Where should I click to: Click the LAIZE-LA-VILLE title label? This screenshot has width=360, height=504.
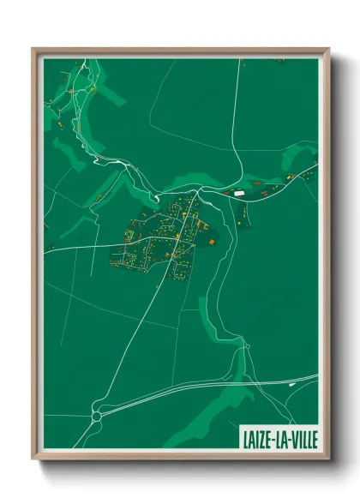click(274, 439)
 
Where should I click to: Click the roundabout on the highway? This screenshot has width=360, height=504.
click(97, 416)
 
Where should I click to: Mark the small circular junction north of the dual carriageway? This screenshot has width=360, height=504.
click(245, 345)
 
